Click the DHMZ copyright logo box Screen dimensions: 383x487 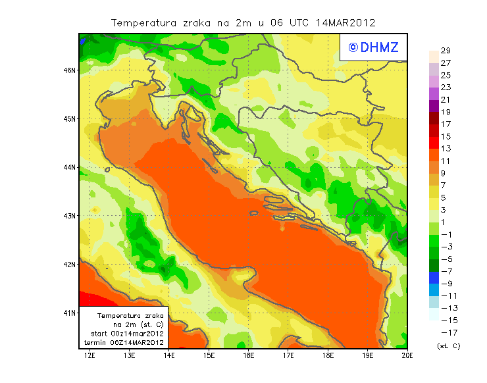[370, 47]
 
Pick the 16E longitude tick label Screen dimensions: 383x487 [249, 355]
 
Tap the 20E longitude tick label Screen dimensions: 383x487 [407, 355]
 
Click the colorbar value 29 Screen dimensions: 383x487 [446, 51]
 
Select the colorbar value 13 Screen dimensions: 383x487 [446, 149]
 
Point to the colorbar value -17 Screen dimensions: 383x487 [446, 332]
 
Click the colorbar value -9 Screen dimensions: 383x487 [446, 284]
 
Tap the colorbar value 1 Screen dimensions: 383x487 [446, 222]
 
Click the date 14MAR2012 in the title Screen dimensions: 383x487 [346, 22]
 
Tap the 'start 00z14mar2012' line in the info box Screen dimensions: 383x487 [127, 334]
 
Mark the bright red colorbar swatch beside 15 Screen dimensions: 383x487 [433, 136]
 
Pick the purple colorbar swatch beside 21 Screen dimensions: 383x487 [433, 105]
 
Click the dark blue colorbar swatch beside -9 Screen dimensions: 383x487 [433, 278]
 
